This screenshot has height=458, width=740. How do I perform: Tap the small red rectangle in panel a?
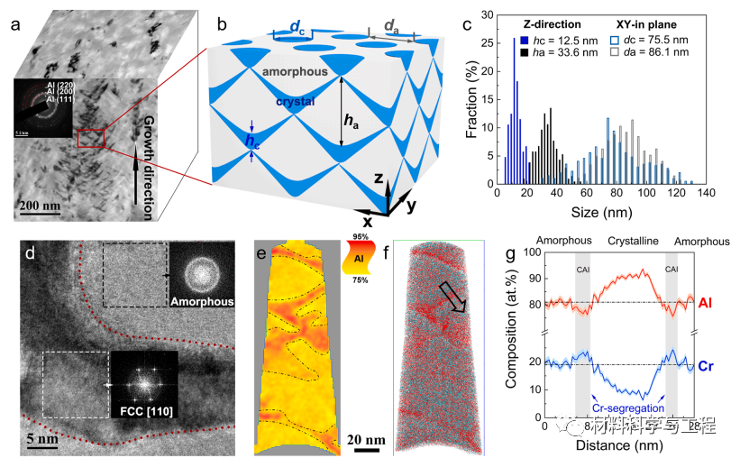point(92,137)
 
